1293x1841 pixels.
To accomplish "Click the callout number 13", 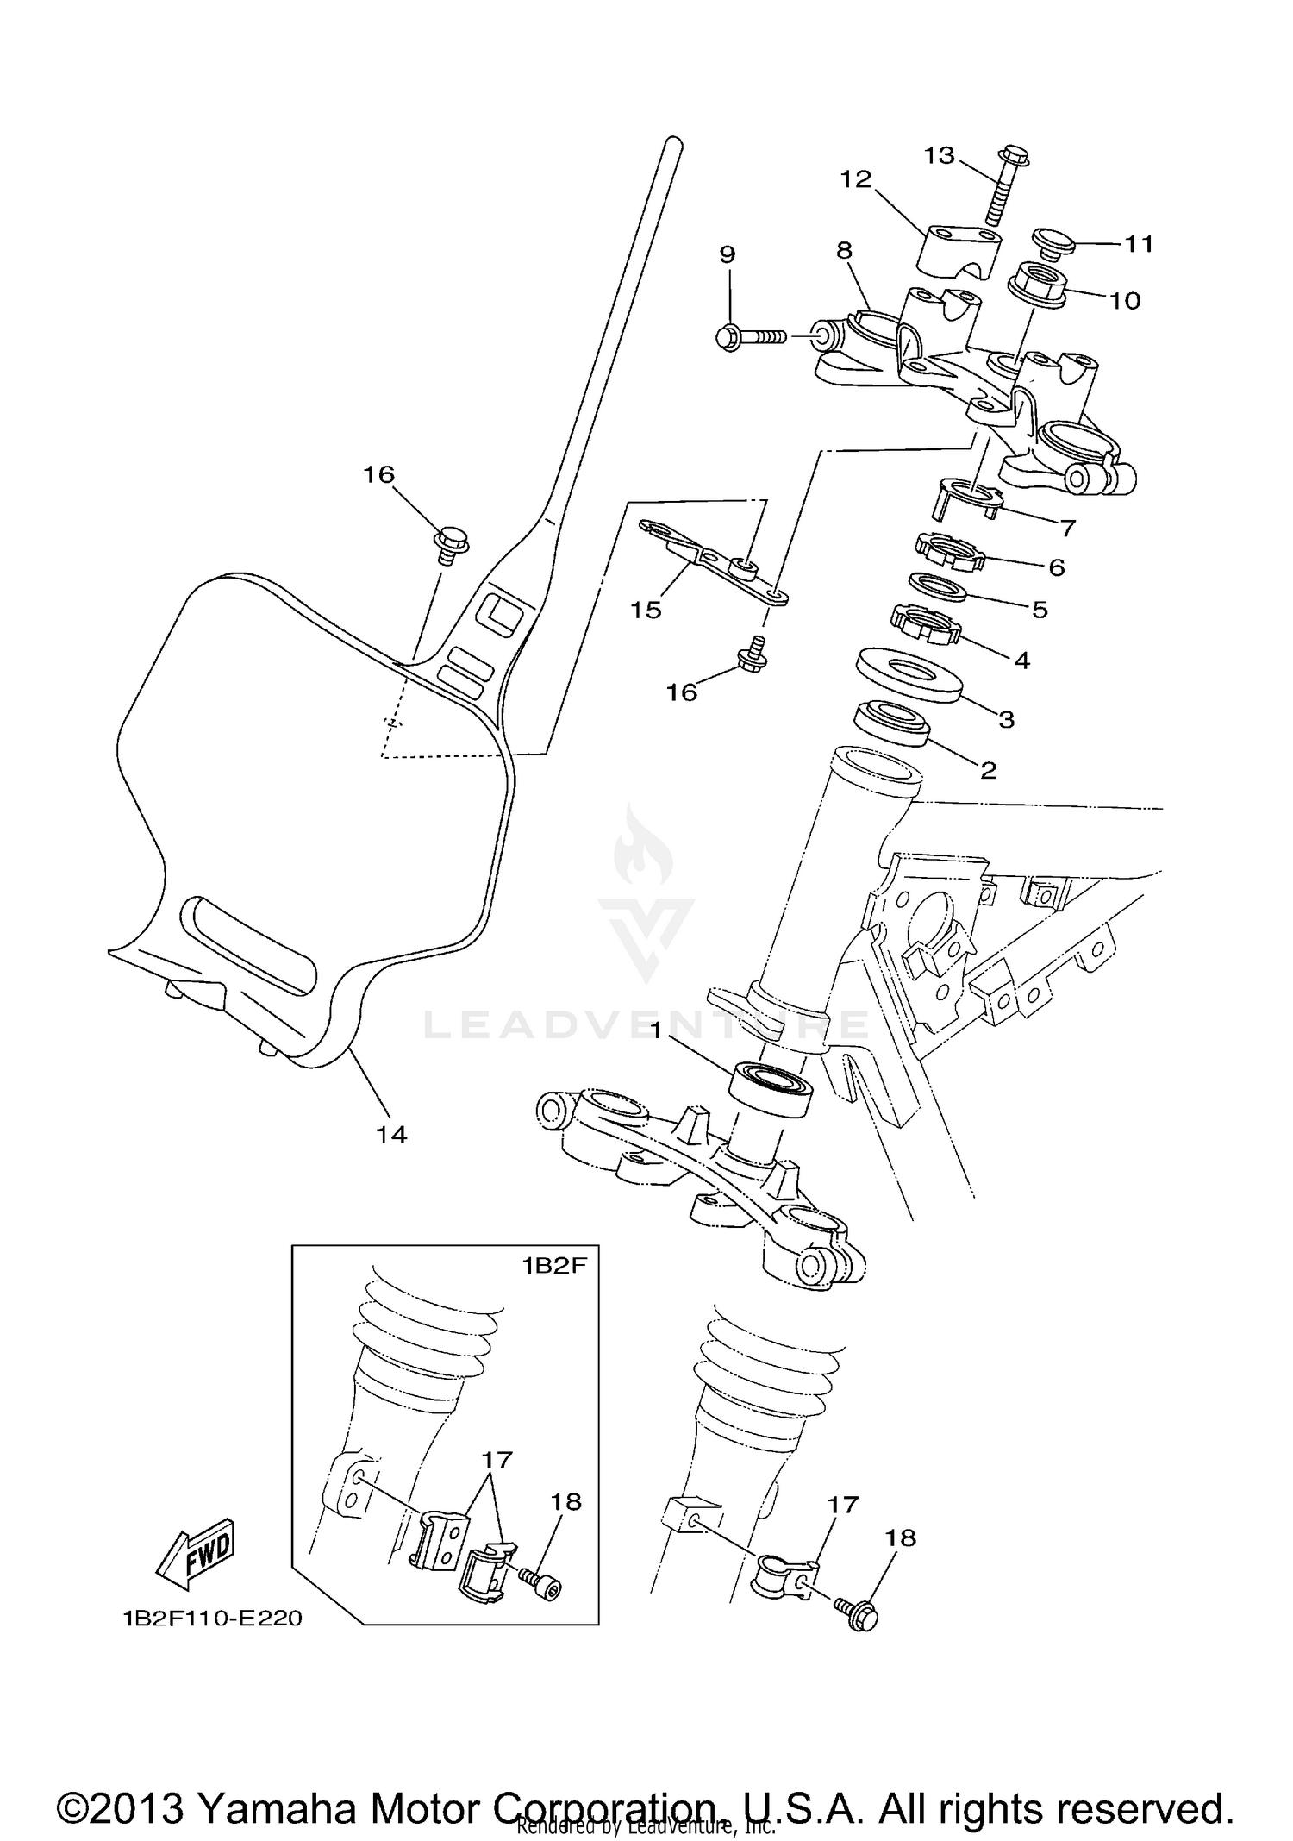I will click(x=939, y=155).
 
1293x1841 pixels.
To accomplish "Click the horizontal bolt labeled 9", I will click(x=750, y=336).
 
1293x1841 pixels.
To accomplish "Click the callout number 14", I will click(x=391, y=1135).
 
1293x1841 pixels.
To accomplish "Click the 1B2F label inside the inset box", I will click(x=553, y=1265).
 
